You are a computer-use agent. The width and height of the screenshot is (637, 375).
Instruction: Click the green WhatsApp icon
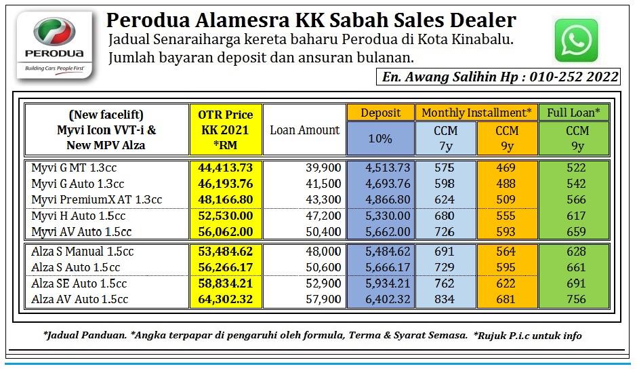[576, 40]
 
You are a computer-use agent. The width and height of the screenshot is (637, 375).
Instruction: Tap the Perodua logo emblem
[54, 32]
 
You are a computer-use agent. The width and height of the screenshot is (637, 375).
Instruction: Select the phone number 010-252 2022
[574, 77]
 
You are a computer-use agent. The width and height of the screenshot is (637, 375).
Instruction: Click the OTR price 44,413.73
[226, 167]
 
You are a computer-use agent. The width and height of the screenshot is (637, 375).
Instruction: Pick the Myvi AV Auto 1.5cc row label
[81, 232]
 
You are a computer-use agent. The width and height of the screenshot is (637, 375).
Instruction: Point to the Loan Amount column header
[305, 130]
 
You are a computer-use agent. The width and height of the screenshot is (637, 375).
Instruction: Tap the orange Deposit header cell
[381, 113]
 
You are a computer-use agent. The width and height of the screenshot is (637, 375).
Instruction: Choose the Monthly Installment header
[476, 113]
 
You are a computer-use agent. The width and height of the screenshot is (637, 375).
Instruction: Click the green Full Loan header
[573, 113]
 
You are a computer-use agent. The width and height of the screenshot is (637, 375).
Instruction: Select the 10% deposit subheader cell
[381, 138]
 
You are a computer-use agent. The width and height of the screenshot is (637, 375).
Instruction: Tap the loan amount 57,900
[323, 299]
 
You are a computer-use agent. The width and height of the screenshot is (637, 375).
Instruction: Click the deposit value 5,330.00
[388, 216]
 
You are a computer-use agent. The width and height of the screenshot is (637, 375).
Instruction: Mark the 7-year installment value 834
[445, 299]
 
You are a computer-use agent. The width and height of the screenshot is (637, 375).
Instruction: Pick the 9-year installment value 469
[506, 167]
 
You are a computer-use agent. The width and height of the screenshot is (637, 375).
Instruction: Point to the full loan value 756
[576, 299]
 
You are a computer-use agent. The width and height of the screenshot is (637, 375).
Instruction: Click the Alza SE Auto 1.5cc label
[79, 283]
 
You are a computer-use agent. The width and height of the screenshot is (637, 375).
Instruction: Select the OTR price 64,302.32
[226, 299]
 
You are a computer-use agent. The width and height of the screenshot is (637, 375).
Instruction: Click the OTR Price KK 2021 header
[226, 130]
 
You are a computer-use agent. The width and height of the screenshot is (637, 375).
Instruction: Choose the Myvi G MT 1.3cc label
[74, 167]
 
